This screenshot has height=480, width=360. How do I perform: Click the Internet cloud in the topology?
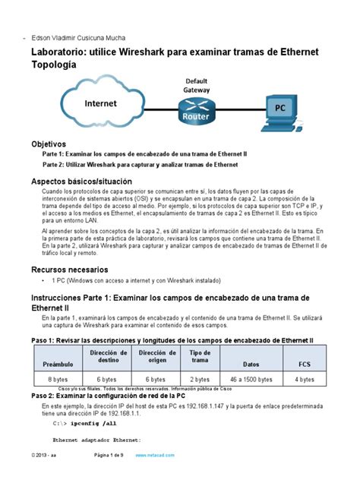click(x=100, y=104)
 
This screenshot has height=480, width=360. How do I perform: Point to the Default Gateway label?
click(x=196, y=85)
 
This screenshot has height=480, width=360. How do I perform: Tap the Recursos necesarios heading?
click(x=74, y=270)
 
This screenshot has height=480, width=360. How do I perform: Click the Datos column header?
click(x=250, y=365)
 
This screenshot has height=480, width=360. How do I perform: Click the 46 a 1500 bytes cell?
click(x=250, y=379)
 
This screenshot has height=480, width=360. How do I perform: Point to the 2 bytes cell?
click(x=200, y=379)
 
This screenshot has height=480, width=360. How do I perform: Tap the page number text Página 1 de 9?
click(x=112, y=454)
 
